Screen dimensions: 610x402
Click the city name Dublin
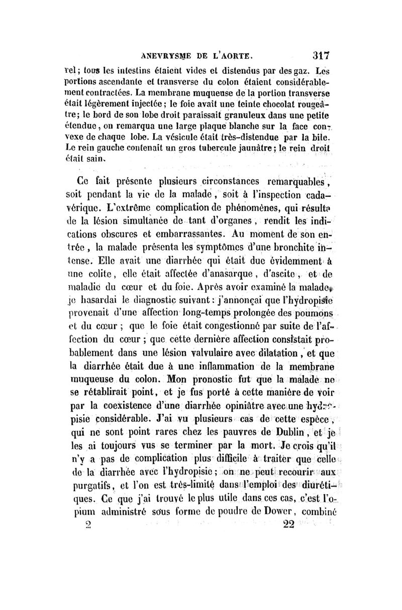click(277, 432)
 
